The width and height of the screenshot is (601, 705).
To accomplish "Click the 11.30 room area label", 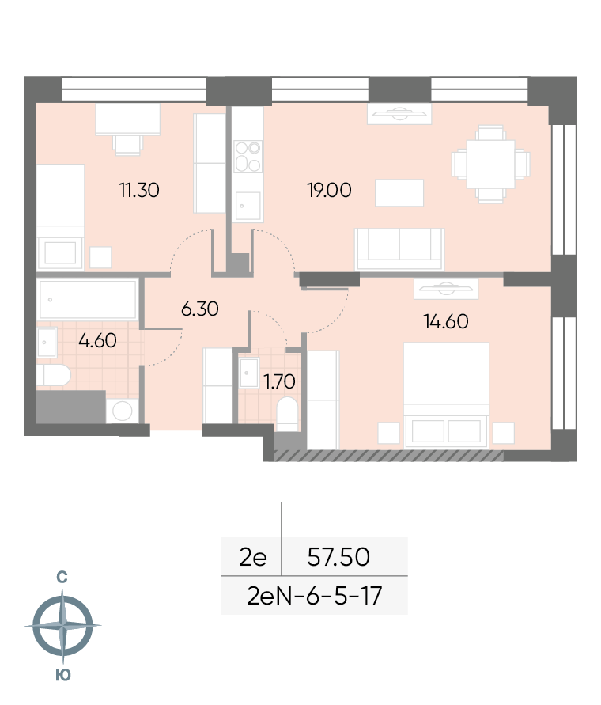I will click(138, 190).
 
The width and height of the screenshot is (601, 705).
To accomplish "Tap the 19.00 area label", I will click(329, 190).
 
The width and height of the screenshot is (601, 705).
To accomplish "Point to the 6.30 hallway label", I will click(199, 309).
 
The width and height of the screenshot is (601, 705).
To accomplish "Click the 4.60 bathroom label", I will click(97, 341).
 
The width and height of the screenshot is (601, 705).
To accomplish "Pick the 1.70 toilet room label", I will click(279, 381).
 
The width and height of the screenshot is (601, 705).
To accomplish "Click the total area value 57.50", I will click(338, 558).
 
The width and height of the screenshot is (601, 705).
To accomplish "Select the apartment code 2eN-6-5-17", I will click(315, 595).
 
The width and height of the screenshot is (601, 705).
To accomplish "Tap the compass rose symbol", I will click(62, 626).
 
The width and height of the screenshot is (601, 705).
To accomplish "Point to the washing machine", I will click(123, 411).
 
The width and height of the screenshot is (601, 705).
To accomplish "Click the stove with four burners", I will click(248, 155).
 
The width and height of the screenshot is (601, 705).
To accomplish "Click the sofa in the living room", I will click(399, 248).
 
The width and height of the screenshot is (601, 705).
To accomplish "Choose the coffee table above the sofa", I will click(399, 192).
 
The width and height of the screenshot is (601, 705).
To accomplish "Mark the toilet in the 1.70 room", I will click(288, 413).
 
